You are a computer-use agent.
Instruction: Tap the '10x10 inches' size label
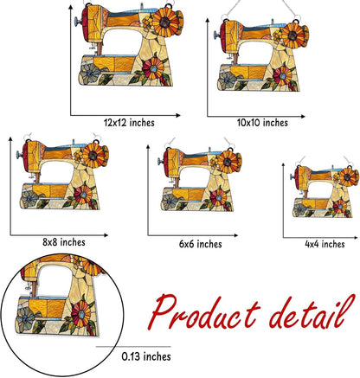262,123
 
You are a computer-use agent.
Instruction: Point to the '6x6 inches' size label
200,244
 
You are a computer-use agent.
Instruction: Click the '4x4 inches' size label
325,245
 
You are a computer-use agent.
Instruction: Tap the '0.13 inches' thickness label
145,356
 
